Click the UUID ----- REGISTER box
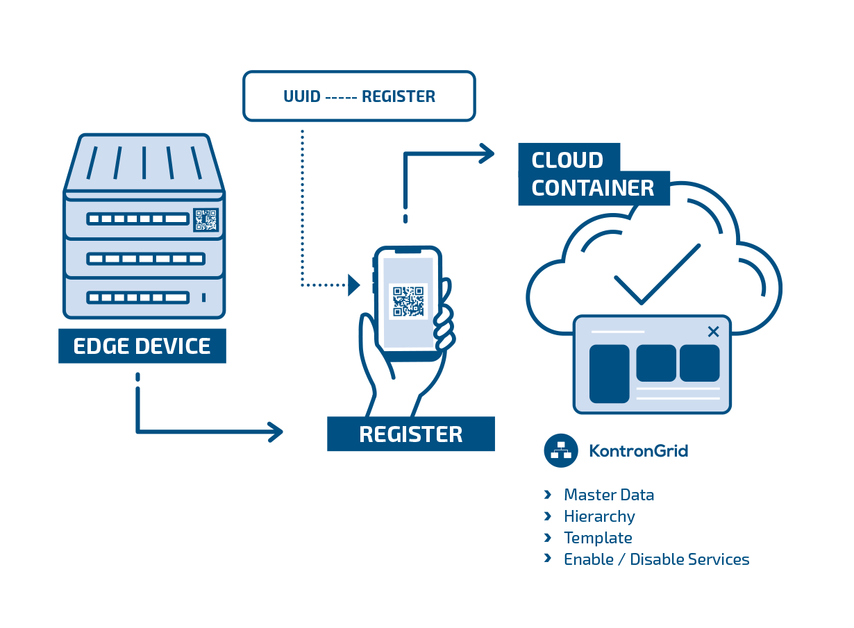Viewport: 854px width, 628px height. point(359,96)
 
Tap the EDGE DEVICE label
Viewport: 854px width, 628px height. point(142,346)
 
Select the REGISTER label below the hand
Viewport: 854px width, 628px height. point(410,434)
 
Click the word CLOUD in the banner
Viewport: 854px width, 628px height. point(567,160)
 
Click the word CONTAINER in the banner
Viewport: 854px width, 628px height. point(593,188)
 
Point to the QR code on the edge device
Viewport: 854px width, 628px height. point(206,219)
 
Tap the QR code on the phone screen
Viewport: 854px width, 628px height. point(408,301)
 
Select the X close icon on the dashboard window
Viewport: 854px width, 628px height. point(713,332)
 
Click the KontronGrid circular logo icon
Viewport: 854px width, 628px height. point(561,450)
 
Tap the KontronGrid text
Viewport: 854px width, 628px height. point(638,451)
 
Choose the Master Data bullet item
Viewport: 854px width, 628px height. point(608,495)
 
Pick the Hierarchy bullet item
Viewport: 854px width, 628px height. point(598,516)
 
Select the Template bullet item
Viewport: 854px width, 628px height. point(597,538)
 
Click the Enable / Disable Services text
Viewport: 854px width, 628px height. point(656,559)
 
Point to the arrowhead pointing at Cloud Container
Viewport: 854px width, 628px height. point(486,153)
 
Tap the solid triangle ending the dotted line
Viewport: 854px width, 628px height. point(354,285)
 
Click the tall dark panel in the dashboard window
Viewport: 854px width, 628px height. point(609,373)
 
